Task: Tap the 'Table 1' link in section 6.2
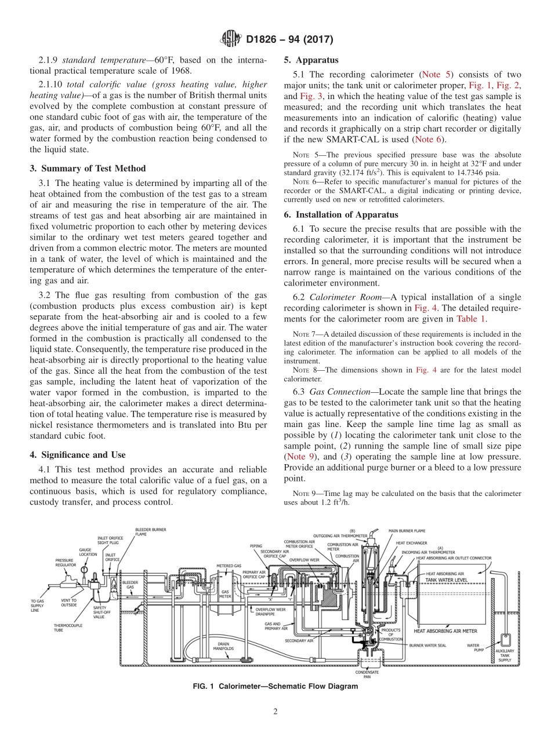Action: pos(472,319)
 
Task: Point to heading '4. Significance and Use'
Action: pos(77,455)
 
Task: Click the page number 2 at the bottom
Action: pos(275,712)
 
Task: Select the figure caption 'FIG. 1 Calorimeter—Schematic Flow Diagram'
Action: pos(275,686)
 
